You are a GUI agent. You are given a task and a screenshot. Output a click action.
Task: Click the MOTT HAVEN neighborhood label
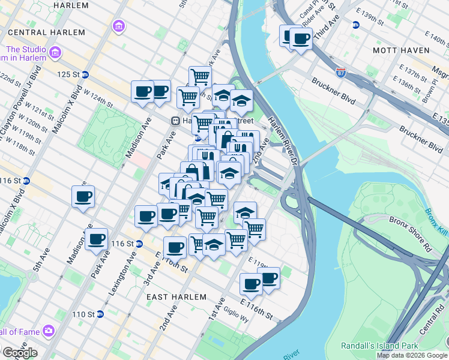401,50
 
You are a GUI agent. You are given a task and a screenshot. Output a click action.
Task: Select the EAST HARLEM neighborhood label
176,297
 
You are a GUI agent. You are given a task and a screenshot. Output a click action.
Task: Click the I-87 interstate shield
341,73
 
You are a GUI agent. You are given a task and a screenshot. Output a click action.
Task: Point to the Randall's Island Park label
379,346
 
